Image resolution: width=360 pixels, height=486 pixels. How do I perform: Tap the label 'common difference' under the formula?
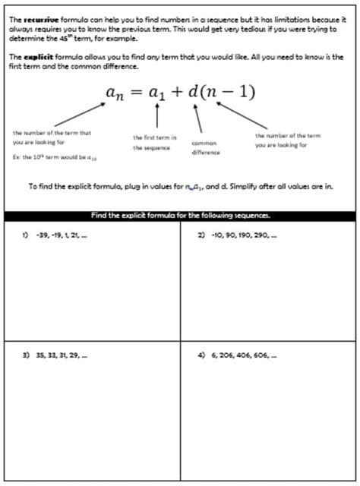(x=205, y=147)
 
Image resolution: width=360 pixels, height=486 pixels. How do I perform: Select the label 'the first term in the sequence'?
(x=155, y=143)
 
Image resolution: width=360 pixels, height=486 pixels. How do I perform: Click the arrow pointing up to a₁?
(x=157, y=116)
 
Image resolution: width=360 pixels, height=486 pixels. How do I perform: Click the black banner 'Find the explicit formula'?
(x=180, y=215)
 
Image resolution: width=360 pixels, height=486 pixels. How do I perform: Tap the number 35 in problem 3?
(x=39, y=355)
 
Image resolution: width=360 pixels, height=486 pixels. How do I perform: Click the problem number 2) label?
(x=202, y=235)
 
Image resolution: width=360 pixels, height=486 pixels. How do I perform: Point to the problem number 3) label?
(x=25, y=355)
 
